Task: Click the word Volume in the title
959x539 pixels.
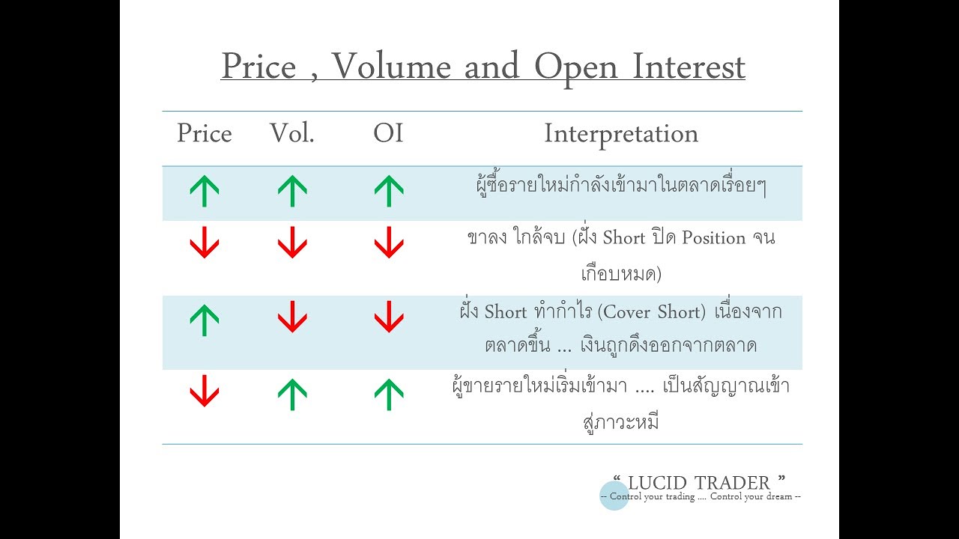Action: pyautogui.click(x=391, y=67)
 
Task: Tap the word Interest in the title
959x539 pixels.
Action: pyautogui.click(x=689, y=67)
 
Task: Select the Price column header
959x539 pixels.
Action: pyautogui.click(x=204, y=134)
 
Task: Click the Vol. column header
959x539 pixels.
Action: pyautogui.click(x=292, y=134)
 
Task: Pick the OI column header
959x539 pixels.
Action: pyautogui.click(x=388, y=134)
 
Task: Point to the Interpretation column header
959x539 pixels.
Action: pyautogui.click(x=621, y=134)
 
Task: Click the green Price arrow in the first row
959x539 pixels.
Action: pyautogui.click(x=204, y=191)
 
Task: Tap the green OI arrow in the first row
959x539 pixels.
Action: pyautogui.click(x=388, y=191)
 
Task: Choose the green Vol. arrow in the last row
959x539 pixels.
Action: pyautogui.click(x=292, y=394)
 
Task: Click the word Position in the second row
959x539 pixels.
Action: pyautogui.click(x=709, y=238)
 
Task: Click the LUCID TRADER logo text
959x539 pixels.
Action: pyautogui.click(x=699, y=482)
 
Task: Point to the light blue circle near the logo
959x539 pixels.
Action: pyautogui.click(x=614, y=496)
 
